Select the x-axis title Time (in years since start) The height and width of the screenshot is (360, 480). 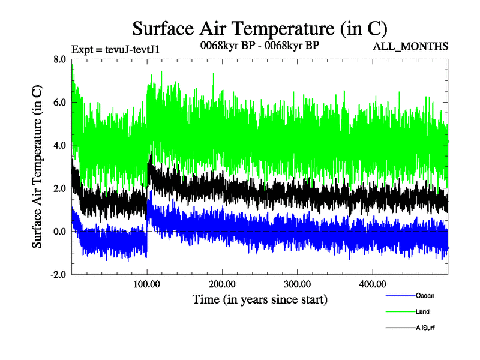(260, 298)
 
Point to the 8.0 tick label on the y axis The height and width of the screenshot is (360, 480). (59, 59)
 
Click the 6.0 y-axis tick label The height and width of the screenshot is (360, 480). (59, 102)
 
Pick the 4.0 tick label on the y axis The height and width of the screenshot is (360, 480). (59, 145)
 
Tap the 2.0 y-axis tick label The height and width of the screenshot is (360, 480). (59, 188)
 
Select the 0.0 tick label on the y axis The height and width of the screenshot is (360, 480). (59, 232)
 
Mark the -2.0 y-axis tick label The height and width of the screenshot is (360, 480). (58, 275)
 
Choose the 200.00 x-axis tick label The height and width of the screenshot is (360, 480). (222, 283)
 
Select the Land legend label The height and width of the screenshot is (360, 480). (422, 311)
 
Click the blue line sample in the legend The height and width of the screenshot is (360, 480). (399, 295)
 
